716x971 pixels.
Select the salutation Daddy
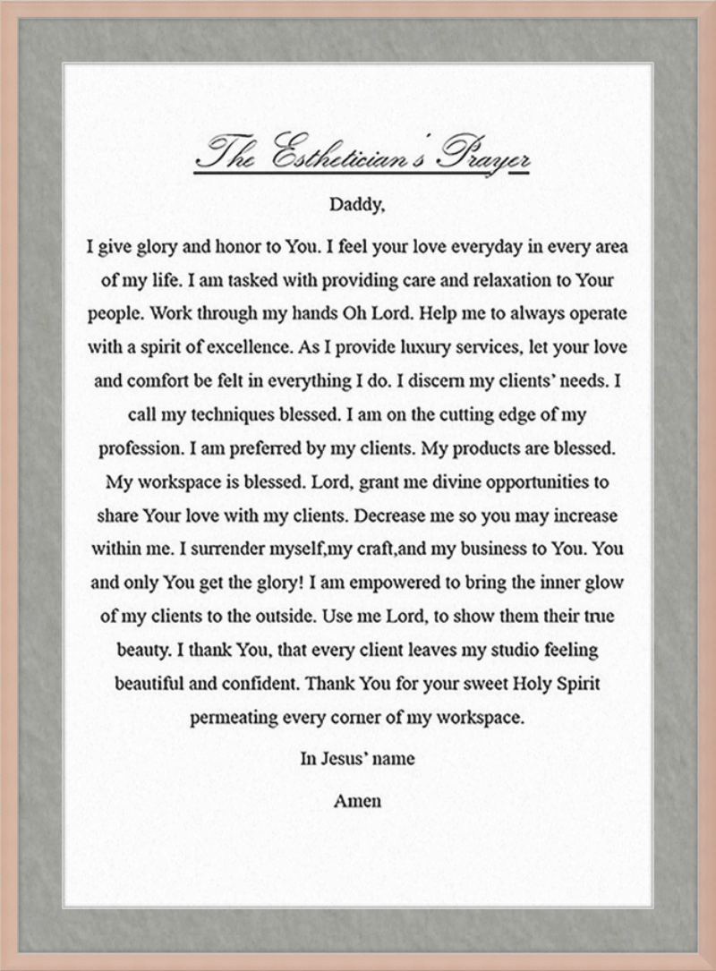click(x=356, y=204)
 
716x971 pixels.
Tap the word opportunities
click(x=536, y=481)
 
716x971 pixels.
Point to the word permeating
click(x=235, y=718)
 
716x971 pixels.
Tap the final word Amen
click(x=357, y=800)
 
